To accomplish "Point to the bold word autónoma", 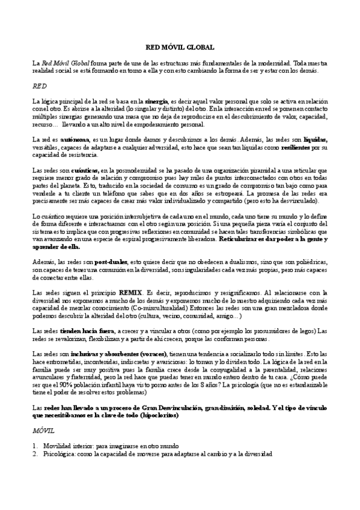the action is [73, 139].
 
